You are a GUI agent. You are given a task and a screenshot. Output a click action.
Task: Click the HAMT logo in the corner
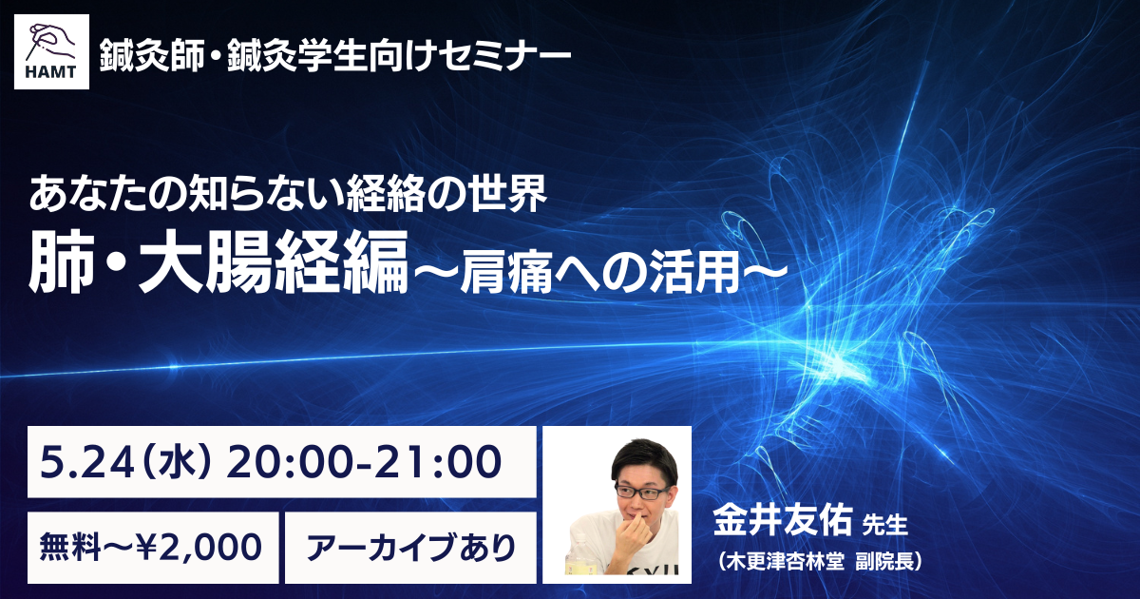coord(51,51)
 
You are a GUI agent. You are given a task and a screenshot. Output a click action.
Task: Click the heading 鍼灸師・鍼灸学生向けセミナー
coord(334,56)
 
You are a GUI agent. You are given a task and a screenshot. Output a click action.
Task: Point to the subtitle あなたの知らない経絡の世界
coord(288,194)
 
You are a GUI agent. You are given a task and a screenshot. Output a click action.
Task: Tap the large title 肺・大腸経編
coord(218,262)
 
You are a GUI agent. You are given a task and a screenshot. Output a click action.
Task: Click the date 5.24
coord(87,462)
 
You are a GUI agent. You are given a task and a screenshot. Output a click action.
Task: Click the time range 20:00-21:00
coord(363,462)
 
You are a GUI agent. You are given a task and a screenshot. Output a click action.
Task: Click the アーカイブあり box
coord(410,548)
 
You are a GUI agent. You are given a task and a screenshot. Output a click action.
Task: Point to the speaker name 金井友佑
coord(783,519)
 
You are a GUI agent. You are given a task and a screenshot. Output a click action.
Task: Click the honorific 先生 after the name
coord(885,525)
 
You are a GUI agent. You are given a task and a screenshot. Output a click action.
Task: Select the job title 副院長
coord(885,561)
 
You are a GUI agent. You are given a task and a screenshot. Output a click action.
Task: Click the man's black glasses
coord(642,491)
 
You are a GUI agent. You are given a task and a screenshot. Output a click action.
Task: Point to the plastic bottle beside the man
coord(579,554)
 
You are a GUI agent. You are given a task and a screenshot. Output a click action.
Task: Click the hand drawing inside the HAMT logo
coord(51,42)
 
